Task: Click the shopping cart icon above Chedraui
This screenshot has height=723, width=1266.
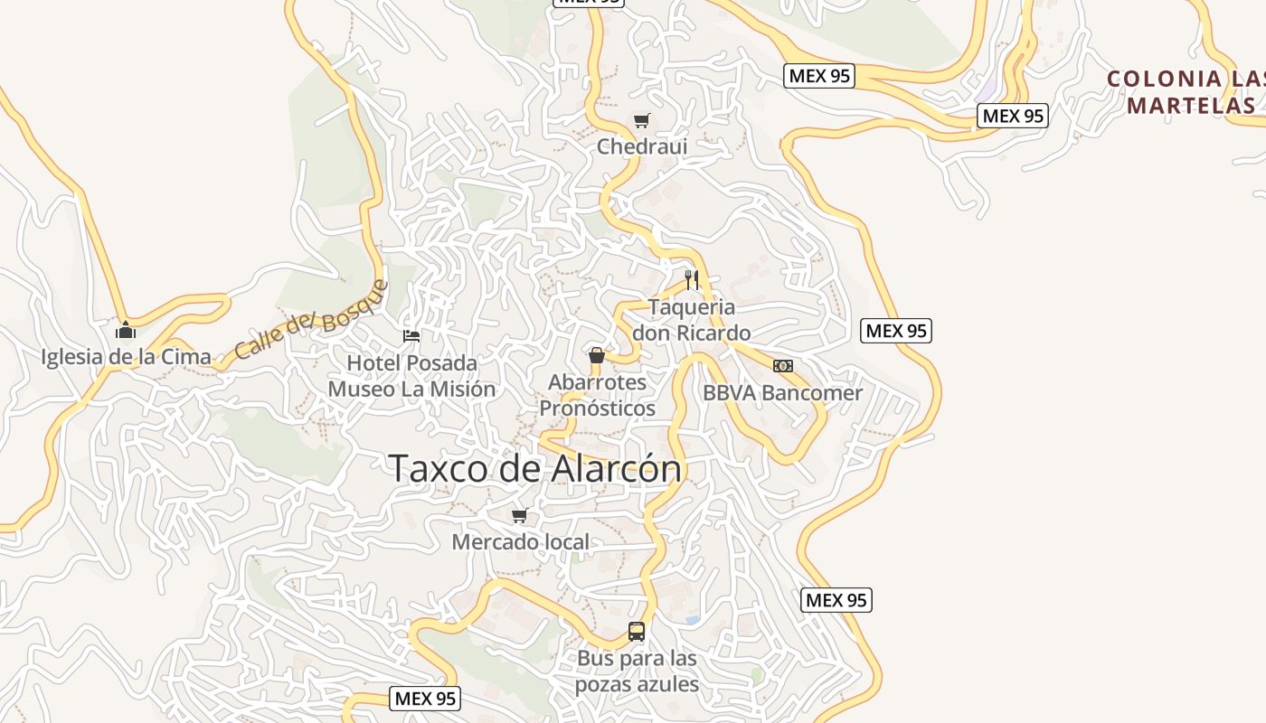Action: (642, 120)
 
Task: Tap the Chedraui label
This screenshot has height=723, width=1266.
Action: (642, 146)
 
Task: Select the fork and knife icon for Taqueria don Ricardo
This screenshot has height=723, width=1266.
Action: (692, 279)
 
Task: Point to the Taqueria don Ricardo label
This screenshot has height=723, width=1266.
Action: (692, 320)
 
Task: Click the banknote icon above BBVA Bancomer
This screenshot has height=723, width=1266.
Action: (783, 366)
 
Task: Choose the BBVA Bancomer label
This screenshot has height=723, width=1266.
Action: (783, 393)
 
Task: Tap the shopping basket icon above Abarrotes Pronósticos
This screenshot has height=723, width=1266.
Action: (597, 355)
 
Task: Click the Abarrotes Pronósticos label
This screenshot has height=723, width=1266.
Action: (598, 395)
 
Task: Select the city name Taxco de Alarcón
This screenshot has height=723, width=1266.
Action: (534, 469)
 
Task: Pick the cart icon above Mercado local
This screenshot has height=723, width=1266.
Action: (520, 516)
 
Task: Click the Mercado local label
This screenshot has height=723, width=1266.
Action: (521, 542)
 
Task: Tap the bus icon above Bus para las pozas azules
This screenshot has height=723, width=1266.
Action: (637, 632)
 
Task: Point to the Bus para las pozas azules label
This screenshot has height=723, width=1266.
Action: (638, 671)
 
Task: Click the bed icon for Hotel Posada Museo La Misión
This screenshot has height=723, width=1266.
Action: (411, 336)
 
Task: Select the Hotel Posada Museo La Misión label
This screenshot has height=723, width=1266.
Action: (411, 376)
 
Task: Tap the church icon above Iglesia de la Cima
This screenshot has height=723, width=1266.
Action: (126, 330)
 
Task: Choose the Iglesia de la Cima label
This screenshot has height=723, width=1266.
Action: (126, 357)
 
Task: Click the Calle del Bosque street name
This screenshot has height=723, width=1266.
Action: (311, 320)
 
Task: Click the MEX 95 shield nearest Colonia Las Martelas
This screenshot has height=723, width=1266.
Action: (1013, 116)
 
